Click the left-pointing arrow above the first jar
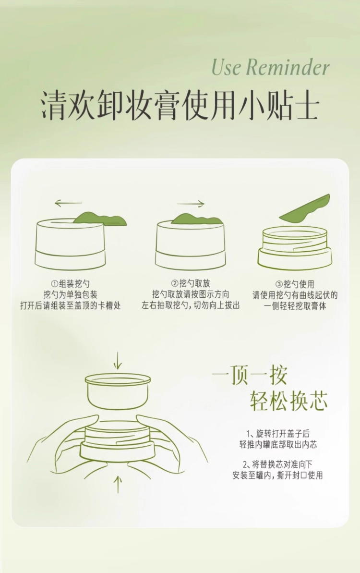68,203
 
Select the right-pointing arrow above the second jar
190,204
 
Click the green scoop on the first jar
100,219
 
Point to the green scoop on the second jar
197,219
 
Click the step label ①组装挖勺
70,284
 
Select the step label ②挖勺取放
191,283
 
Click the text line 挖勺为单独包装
71,295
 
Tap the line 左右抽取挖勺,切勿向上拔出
191,305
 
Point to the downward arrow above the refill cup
118,361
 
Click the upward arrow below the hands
118,484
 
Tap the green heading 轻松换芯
289,401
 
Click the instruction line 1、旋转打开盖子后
278,434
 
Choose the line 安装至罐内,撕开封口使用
278,475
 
